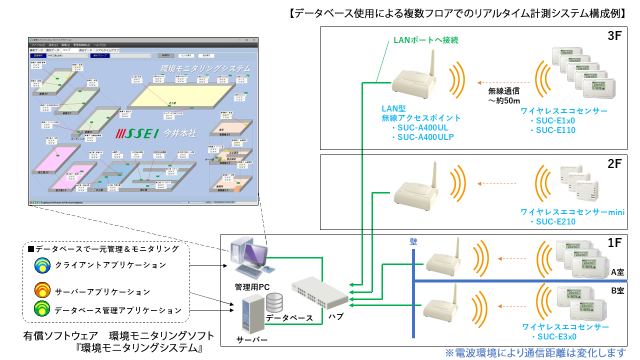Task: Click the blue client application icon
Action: (42, 265)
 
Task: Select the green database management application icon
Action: (42, 310)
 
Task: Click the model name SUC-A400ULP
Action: (425, 137)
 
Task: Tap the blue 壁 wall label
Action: (413, 241)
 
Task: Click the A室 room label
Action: (617, 272)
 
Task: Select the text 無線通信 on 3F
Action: (504, 91)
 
